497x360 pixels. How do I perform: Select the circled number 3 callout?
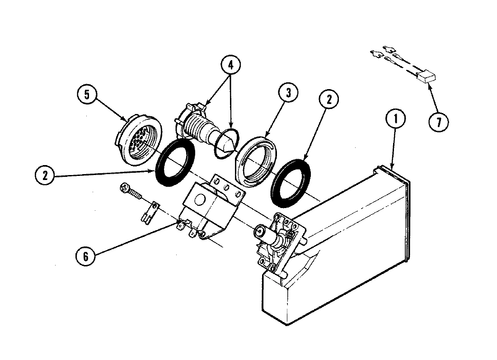click(288, 94)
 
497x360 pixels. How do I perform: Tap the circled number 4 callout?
click(230, 65)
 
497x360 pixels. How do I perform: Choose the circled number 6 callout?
click(86, 256)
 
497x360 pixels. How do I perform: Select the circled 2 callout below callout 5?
click(45, 175)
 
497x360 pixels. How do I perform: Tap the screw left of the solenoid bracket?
click(130, 191)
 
